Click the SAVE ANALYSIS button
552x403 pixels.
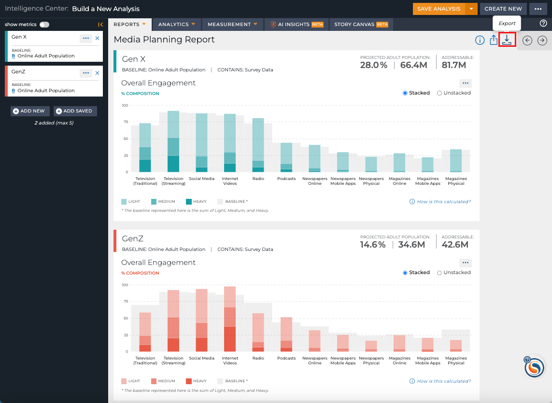point(439,9)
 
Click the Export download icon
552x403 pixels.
point(507,40)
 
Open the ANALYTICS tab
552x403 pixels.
point(177,24)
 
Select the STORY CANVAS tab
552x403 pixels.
point(361,24)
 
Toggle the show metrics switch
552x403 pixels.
point(44,25)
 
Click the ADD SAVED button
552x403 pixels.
point(75,111)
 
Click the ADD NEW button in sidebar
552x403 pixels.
point(30,111)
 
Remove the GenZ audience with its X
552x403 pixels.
point(98,73)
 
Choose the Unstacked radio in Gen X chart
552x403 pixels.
point(439,93)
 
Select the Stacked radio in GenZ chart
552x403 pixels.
point(405,273)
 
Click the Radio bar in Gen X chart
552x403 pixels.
point(258,145)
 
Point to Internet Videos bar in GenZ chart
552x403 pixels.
point(230,319)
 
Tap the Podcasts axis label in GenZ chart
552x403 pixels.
point(286,358)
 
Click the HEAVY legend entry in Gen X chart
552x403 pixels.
point(196,202)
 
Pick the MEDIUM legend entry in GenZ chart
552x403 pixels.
point(163,381)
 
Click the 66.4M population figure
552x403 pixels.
point(414,65)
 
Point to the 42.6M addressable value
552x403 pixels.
point(455,245)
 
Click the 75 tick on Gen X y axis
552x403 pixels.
point(126,122)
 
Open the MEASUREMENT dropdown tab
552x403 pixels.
point(232,24)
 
